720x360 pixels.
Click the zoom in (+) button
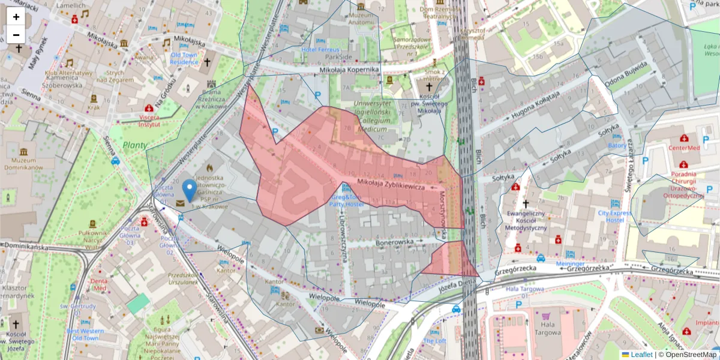[x=16, y=17]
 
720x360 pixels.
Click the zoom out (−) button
[x=16, y=35]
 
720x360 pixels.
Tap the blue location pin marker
[x=190, y=189]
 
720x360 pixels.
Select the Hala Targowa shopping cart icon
[x=546, y=316]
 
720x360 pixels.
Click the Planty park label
[x=135, y=145]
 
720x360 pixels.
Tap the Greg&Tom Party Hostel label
[x=345, y=200]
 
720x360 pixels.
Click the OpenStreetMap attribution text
[x=690, y=355]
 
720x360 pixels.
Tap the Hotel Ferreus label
[x=320, y=49]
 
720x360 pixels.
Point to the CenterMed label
[x=685, y=148]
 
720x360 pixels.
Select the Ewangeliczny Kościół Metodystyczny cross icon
[x=526, y=204]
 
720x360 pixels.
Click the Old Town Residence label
[x=184, y=58]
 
